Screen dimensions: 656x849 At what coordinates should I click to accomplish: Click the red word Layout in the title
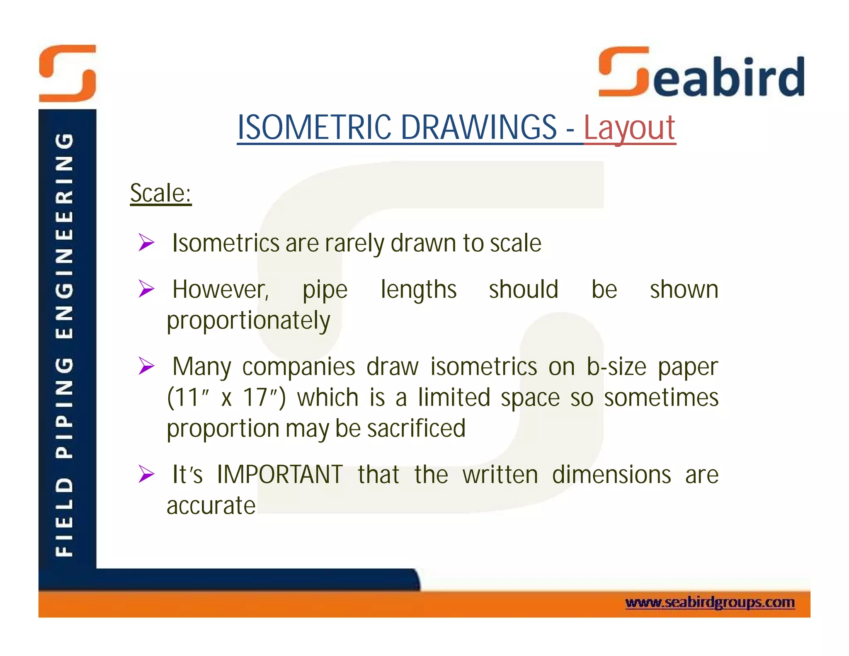pyautogui.click(x=629, y=128)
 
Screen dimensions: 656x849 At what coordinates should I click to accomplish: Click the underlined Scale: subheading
pyautogui.click(x=160, y=193)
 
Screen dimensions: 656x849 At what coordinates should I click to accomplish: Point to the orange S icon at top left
pyautogui.click(x=68, y=73)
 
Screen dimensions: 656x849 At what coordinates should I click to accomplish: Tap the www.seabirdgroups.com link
pyautogui.click(x=710, y=603)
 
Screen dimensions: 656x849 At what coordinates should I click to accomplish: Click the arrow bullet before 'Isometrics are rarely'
pyautogui.click(x=146, y=242)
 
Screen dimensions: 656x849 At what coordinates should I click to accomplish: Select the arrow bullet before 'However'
pyautogui.click(x=146, y=289)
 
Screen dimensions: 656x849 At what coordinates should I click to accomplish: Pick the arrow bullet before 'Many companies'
pyautogui.click(x=146, y=366)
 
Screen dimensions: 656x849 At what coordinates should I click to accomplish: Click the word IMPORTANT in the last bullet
pyautogui.click(x=280, y=474)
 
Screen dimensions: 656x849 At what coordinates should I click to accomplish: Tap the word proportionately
pyautogui.click(x=248, y=321)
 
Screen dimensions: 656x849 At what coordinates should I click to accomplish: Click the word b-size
pyautogui.click(x=616, y=367)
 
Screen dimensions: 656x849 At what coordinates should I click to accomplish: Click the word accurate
pyautogui.click(x=211, y=505)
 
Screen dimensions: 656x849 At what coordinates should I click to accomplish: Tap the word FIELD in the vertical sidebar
pyautogui.click(x=65, y=517)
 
